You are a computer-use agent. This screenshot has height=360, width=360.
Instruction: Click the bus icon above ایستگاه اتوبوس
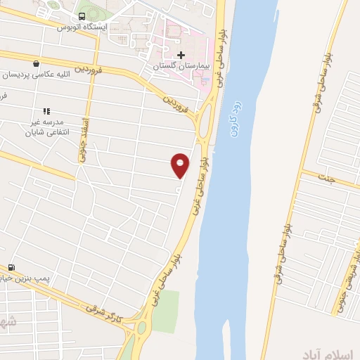[x=82, y=15]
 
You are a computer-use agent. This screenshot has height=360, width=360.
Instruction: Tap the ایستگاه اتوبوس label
[x=82, y=27]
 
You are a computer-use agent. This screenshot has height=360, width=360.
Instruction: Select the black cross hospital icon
[x=181, y=55]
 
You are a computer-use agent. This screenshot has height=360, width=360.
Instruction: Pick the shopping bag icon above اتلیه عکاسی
[x=36, y=63]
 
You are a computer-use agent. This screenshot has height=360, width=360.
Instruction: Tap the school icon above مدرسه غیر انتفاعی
[x=47, y=111]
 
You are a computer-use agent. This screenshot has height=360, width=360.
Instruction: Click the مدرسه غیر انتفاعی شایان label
[x=46, y=127]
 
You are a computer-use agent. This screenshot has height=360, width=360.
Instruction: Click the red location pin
[x=181, y=165]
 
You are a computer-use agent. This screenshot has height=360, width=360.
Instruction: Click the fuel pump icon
[x=11, y=268]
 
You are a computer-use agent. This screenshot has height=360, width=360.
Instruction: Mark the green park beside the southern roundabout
[x=164, y=311]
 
